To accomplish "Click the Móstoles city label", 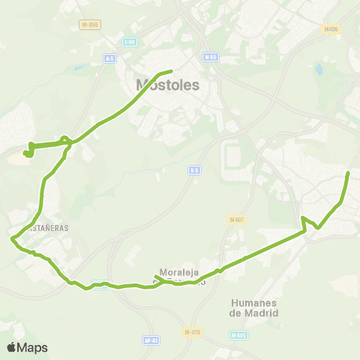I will click(168, 85).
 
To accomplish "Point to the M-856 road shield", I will click(89, 25).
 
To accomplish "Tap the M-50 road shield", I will click(211, 56).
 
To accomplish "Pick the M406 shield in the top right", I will click(331, 29).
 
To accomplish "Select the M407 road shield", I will click(237, 220).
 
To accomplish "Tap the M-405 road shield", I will click(238, 335).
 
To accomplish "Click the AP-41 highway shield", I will click(151, 340).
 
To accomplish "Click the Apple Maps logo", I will click(28, 347).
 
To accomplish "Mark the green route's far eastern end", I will click(349, 173).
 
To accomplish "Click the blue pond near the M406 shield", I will click(320, 70).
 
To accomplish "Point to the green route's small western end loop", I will click(28, 153).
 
